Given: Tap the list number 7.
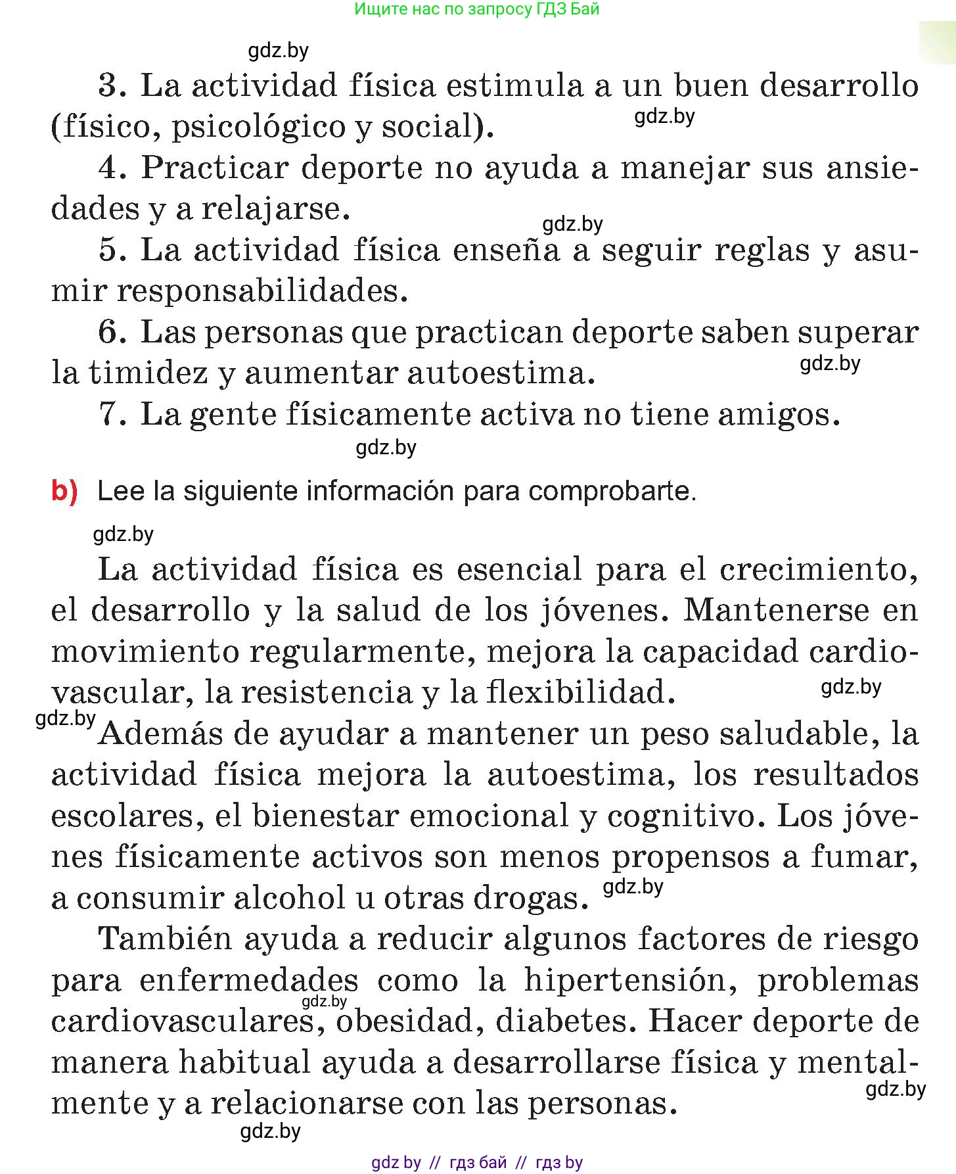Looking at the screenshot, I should pos(111,415).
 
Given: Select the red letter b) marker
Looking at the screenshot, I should pos(64,491).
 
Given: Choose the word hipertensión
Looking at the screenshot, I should pos(630,981).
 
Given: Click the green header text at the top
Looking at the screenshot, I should pos(476,9).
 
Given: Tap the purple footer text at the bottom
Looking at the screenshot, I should pos(477,1162).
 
